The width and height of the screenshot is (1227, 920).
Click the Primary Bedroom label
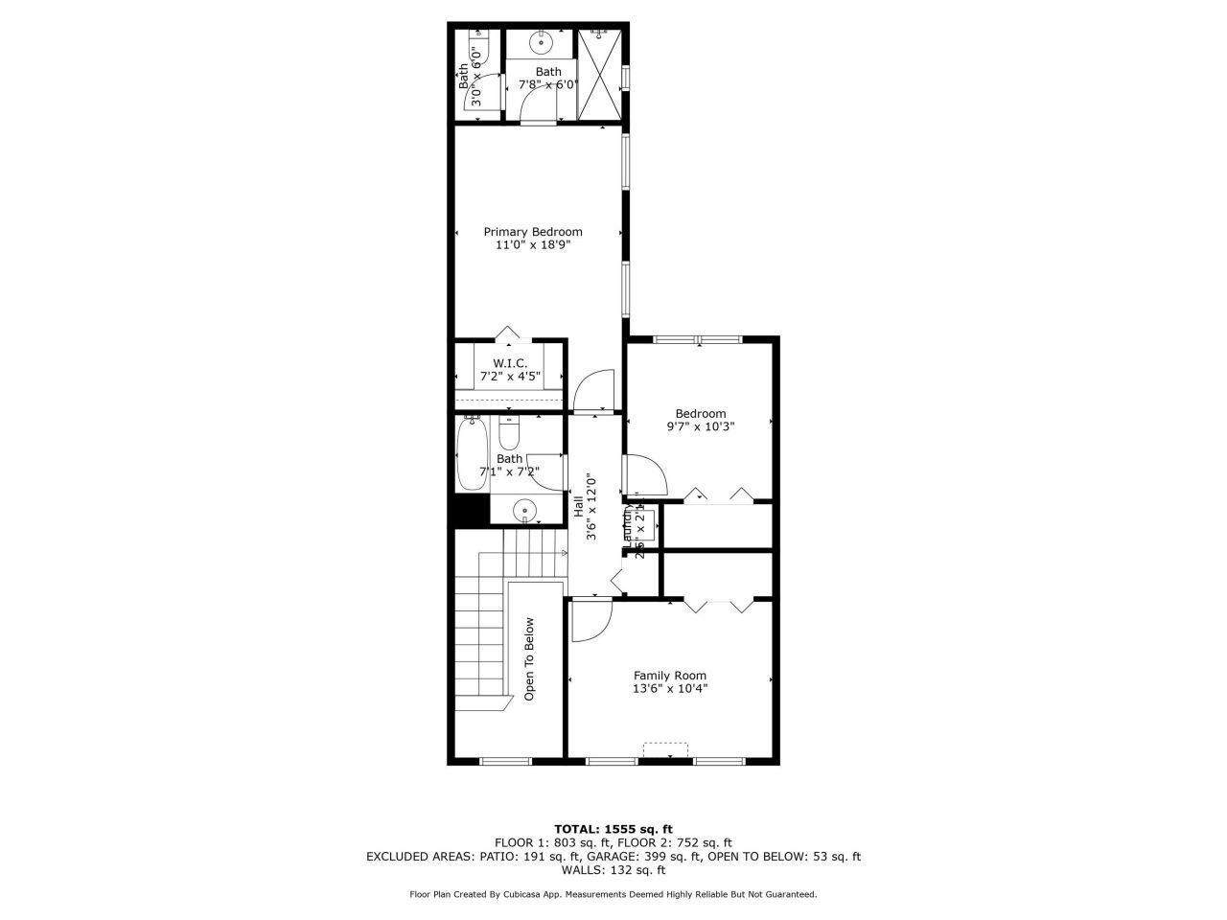(x=532, y=232)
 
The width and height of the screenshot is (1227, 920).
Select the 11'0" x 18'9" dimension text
(x=532, y=245)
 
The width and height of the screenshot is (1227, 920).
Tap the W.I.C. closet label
(x=510, y=363)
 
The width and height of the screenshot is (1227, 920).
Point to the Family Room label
(x=669, y=676)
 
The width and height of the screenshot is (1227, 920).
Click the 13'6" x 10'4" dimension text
(x=669, y=688)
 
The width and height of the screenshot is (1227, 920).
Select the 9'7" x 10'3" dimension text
(x=700, y=426)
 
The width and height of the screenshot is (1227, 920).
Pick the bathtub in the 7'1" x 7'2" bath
(x=473, y=455)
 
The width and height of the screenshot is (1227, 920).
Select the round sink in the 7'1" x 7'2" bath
(x=523, y=510)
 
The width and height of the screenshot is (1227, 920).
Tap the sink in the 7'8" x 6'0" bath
(x=542, y=42)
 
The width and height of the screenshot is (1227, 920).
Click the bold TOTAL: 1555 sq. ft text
(x=613, y=829)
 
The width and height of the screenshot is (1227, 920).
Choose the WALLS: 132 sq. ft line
(x=613, y=870)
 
